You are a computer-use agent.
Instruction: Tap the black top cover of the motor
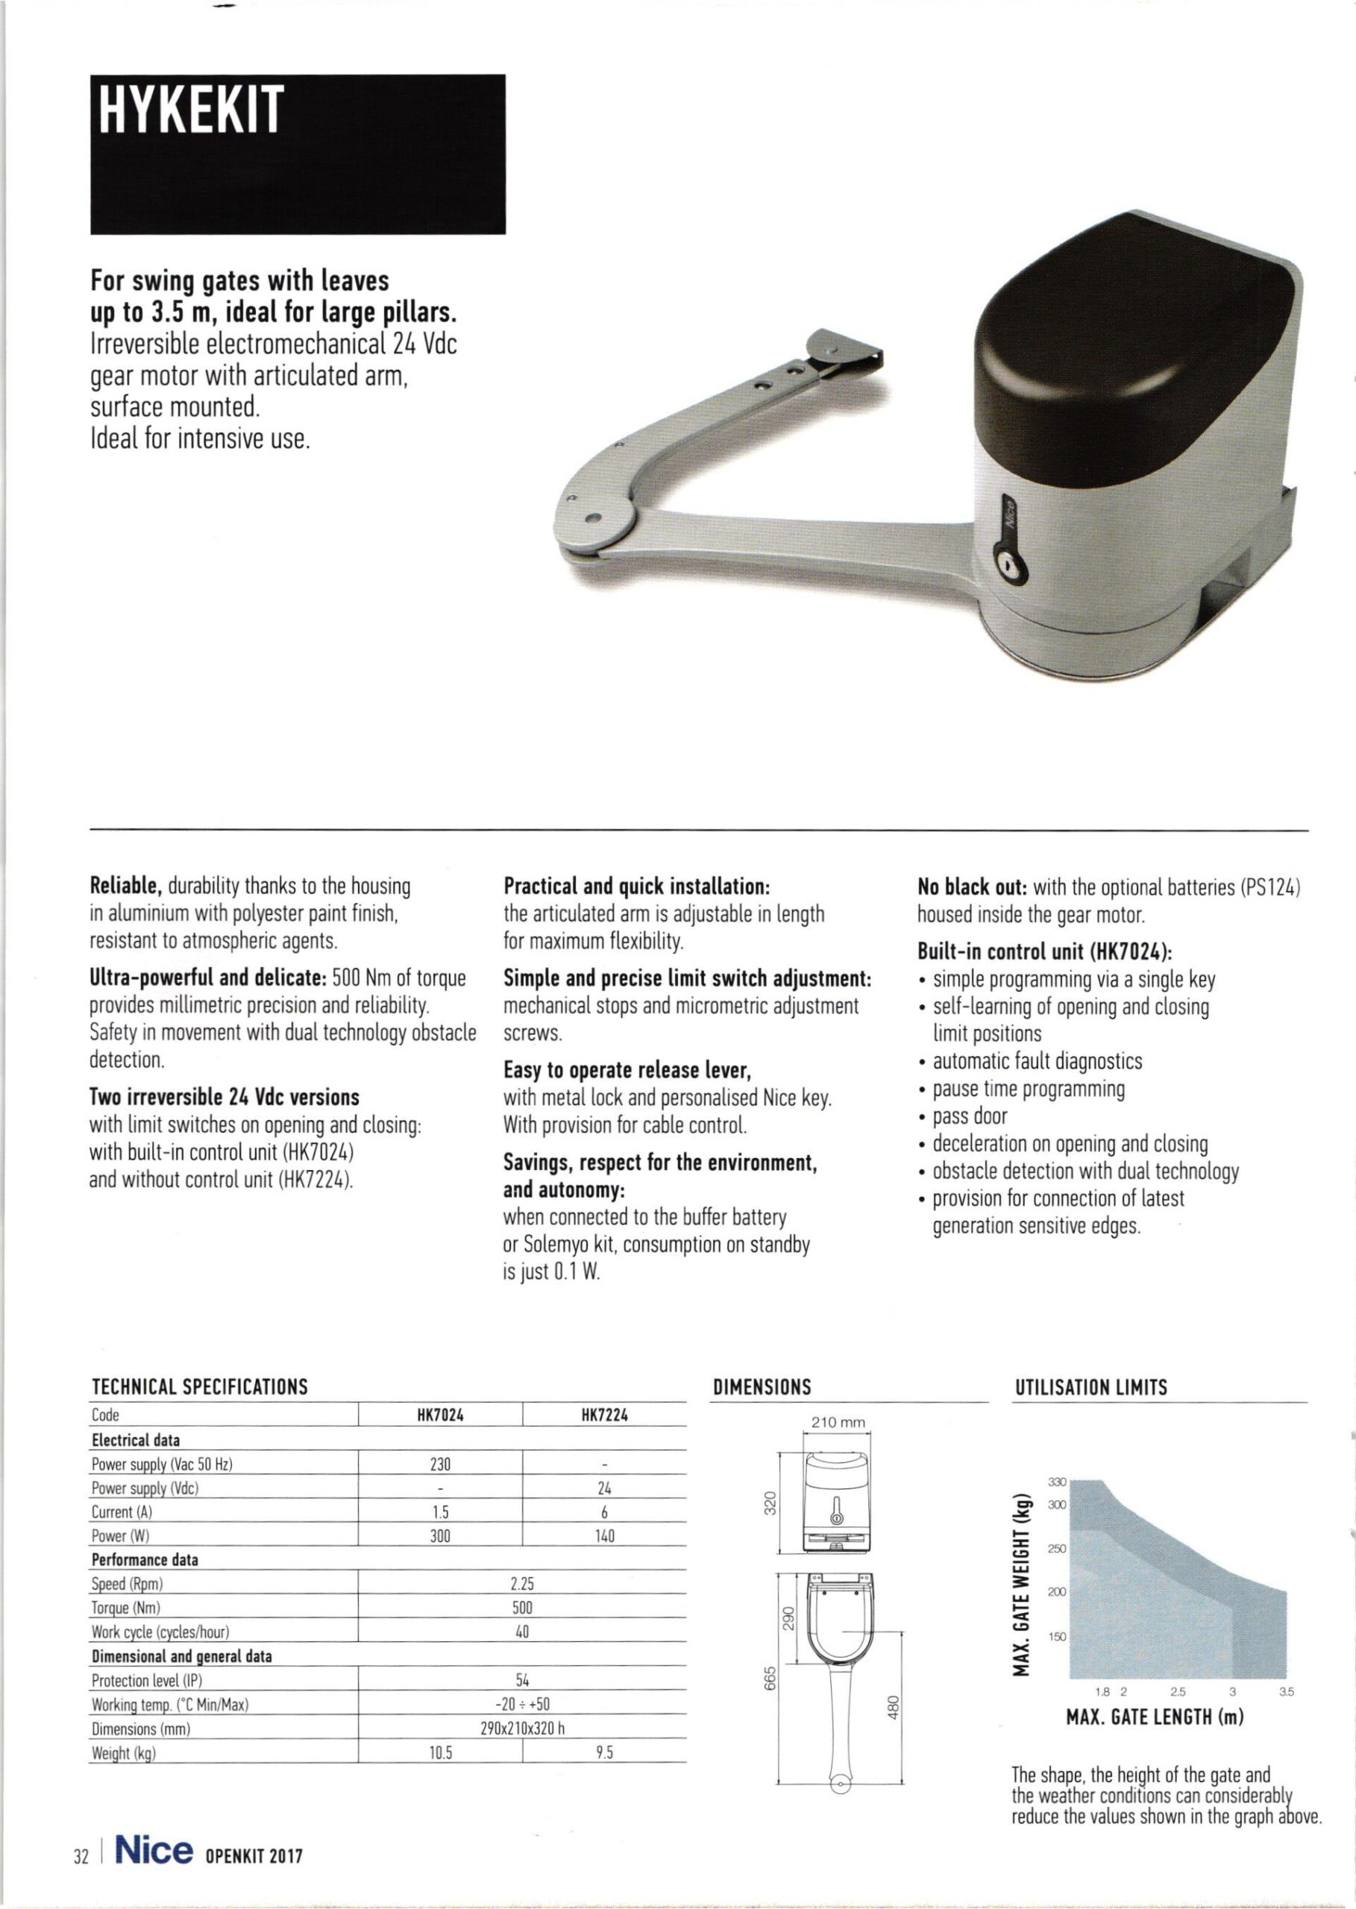coord(1135,334)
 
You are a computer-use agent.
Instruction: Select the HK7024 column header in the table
coord(440,1415)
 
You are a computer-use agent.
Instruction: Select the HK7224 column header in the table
coord(604,1415)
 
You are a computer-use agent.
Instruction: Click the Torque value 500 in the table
coord(522,1608)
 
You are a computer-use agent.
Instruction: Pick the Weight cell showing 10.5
coord(440,1753)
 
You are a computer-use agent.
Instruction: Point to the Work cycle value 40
coord(522,1632)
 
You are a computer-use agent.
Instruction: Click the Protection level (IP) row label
coord(147,1680)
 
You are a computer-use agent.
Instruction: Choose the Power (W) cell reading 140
coord(604,1536)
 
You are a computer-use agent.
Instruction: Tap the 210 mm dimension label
coord(838,1422)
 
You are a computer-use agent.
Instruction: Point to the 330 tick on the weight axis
coord(1057,1482)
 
